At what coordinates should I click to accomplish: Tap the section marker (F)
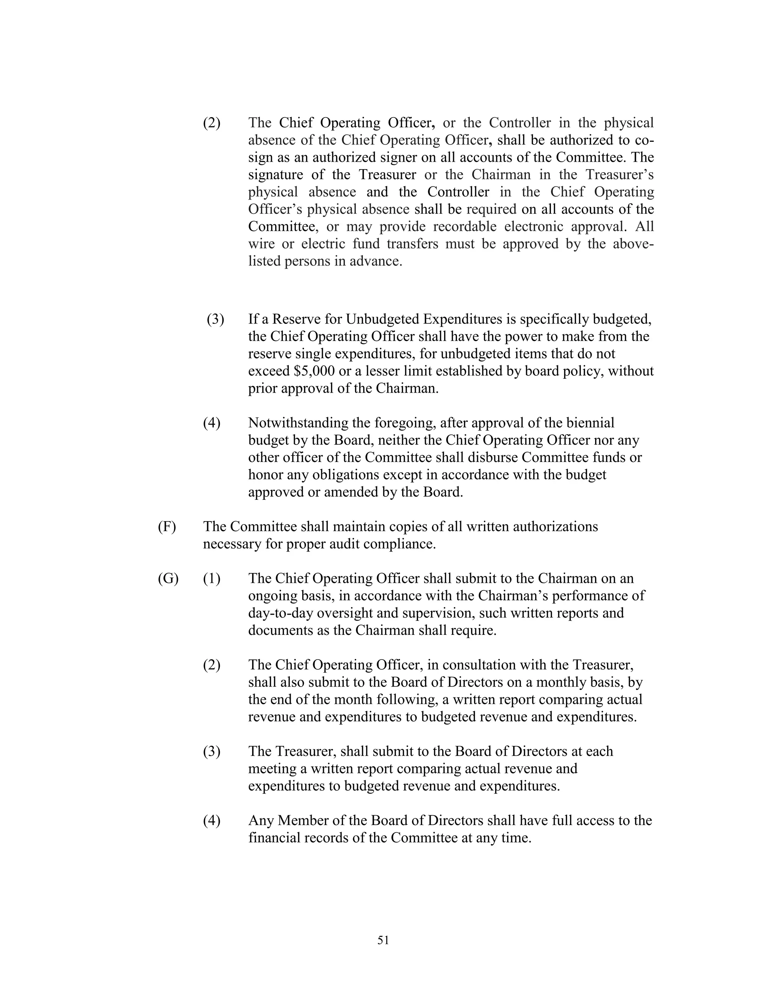coord(167,526)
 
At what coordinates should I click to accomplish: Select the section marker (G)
coord(168,578)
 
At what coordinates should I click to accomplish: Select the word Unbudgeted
coord(382,319)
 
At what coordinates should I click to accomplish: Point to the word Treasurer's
coord(619,174)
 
